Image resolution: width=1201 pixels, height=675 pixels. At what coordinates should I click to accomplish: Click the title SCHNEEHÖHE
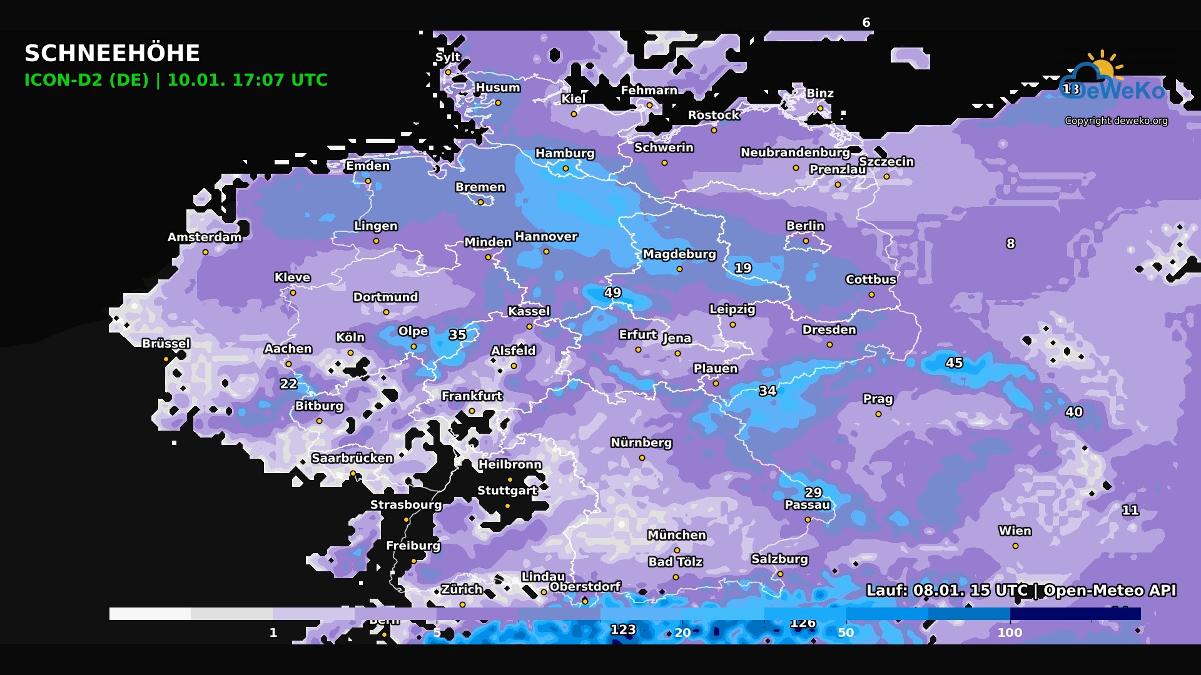(112, 54)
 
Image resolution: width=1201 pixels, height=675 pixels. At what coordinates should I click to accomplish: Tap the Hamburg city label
(565, 153)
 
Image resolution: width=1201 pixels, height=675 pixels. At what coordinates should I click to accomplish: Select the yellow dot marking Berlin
(806, 241)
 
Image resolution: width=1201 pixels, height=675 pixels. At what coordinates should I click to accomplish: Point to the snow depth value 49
(612, 292)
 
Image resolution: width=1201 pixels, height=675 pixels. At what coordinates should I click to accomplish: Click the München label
(677, 535)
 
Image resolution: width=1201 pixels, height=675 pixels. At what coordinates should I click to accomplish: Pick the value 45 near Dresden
(954, 362)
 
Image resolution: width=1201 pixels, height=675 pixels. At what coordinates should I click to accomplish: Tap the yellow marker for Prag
(878, 414)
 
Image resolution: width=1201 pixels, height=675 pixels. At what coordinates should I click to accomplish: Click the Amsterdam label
(205, 237)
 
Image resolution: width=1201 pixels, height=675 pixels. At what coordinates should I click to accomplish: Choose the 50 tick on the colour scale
(846, 632)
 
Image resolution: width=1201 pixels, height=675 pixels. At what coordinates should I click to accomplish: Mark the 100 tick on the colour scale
(1010, 632)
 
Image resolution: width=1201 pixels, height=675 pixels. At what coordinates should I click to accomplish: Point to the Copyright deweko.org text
(1116, 121)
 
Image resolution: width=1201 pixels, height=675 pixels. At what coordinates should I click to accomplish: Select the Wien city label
(1015, 531)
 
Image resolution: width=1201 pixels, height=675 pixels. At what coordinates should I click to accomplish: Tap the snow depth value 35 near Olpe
(457, 334)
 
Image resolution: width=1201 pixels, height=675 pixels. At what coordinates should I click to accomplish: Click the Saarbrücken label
(352, 458)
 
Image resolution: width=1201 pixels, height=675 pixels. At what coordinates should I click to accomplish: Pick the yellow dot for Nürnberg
(642, 457)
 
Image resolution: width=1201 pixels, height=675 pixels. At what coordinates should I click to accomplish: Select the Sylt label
(448, 57)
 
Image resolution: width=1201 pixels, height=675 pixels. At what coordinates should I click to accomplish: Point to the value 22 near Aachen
(288, 384)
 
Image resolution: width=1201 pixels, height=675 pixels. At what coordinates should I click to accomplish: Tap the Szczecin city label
(886, 162)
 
